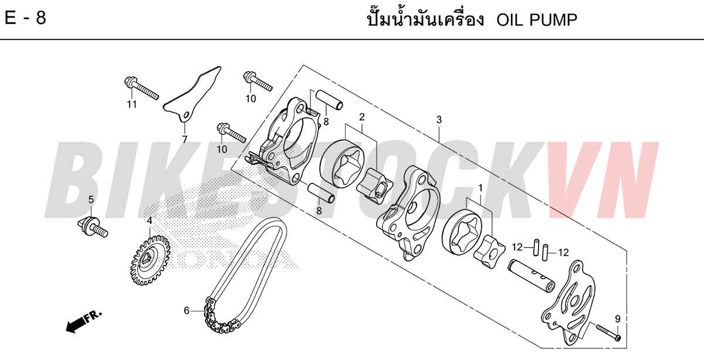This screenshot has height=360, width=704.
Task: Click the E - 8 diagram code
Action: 25,18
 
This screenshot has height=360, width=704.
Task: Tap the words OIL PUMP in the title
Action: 537,20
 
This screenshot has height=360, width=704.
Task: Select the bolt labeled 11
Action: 141,88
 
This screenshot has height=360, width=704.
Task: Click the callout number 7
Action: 184,140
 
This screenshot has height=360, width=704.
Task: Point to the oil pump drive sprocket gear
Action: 150,261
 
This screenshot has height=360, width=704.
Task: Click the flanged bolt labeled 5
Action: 93,227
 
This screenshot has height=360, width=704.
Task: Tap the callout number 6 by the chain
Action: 187,311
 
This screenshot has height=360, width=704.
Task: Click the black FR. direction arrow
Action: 83,321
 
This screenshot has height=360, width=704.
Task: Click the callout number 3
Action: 439,120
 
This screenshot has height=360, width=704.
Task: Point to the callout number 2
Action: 362,117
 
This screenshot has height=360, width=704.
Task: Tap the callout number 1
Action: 480,188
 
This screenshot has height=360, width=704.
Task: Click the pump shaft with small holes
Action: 531,276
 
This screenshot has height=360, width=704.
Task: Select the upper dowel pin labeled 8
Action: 329,100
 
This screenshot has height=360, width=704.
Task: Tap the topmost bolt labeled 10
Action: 258,81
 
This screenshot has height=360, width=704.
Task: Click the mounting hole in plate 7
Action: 187,116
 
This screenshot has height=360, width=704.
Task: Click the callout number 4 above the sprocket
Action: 150,221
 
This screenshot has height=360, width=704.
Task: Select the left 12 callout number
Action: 517,247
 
